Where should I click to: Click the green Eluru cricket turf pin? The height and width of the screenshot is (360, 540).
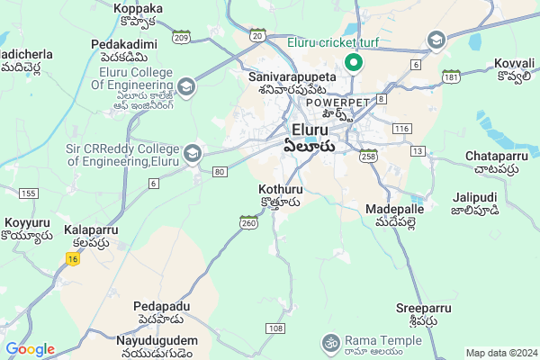pos(354,63)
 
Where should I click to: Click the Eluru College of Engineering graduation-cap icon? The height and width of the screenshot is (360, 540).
pos(186,87)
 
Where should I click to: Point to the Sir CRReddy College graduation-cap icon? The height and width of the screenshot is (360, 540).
pos(192,154)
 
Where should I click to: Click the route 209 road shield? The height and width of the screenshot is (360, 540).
pos(181,39)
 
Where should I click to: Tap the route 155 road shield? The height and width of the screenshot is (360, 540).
pos(29,193)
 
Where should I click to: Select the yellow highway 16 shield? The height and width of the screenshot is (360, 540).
pos(72,258)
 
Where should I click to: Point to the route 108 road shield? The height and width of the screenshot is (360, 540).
pos(275,328)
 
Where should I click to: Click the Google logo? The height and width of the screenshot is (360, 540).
pos(30,349)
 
